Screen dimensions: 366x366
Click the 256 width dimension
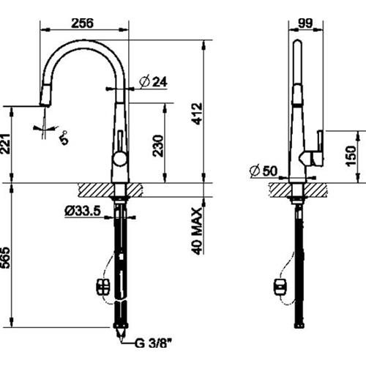[x=82, y=23]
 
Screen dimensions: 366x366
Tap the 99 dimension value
[x=305, y=23]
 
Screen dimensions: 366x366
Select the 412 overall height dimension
[x=197, y=113]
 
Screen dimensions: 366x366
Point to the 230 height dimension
[x=158, y=146]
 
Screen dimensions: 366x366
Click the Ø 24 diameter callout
[x=154, y=81]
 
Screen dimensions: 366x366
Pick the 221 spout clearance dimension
[x=5, y=143]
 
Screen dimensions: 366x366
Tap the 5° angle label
[x=64, y=138]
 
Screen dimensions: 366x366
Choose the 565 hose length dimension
[x=5, y=258]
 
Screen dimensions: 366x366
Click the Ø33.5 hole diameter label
[x=83, y=211]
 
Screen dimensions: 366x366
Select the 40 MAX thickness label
[x=197, y=231]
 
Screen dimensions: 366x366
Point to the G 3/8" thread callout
[x=152, y=343]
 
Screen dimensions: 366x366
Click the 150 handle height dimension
[x=351, y=157]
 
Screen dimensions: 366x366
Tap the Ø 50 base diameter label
[x=264, y=171]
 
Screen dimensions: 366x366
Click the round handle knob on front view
[x=120, y=158]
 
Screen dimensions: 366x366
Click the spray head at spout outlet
[x=45, y=94]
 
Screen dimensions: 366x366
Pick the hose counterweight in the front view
[x=103, y=287]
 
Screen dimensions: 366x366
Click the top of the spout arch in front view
[x=84, y=43]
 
